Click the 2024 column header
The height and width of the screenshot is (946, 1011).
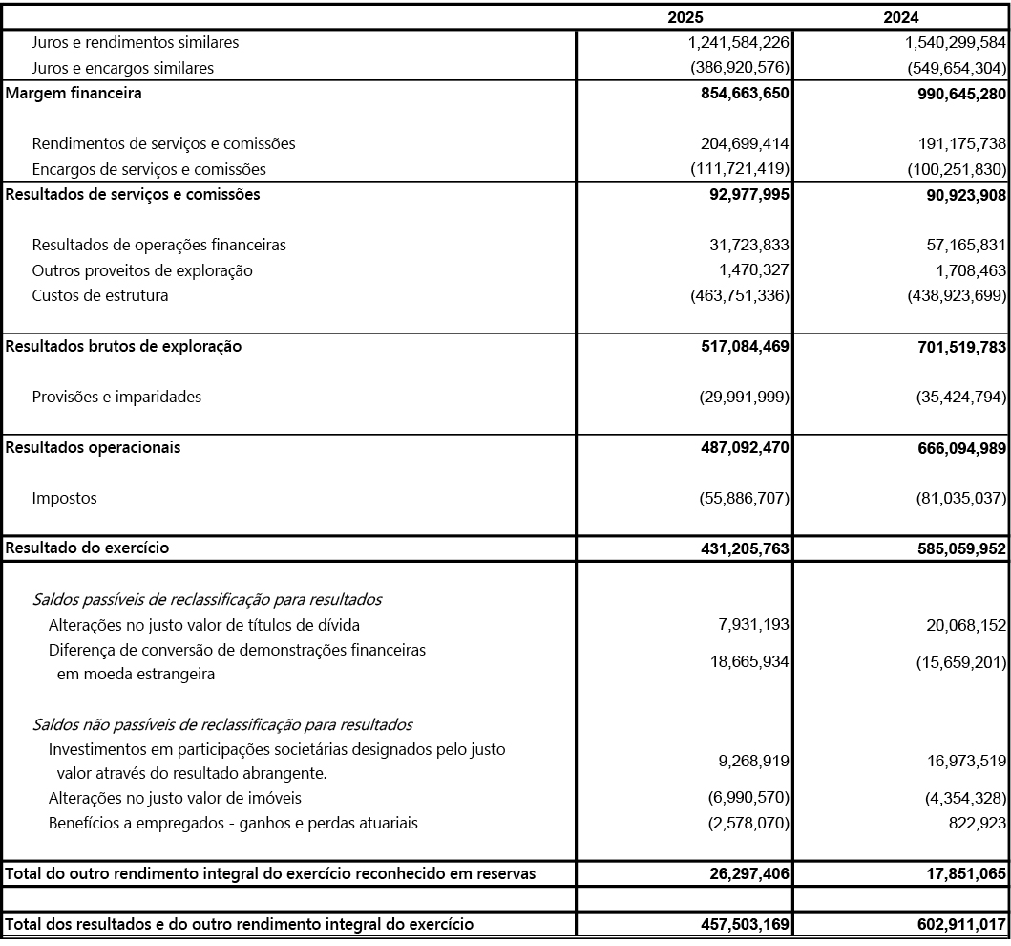click(x=901, y=17)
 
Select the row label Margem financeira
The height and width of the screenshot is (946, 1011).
click(x=74, y=94)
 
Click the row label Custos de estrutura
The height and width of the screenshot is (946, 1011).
click(x=99, y=295)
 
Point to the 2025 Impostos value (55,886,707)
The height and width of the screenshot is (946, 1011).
click(x=740, y=498)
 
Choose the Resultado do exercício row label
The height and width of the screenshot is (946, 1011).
click(x=88, y=548)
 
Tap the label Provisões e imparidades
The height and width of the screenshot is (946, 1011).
click(x=116, y=397)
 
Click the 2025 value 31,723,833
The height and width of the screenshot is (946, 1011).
click(x=744, y=245)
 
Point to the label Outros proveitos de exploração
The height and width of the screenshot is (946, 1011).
click(x=142, y=270)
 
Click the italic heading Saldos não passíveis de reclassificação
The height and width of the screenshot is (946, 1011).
click(x=221, y=724)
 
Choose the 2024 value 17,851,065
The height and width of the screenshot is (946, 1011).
click(x=959, y=873)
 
